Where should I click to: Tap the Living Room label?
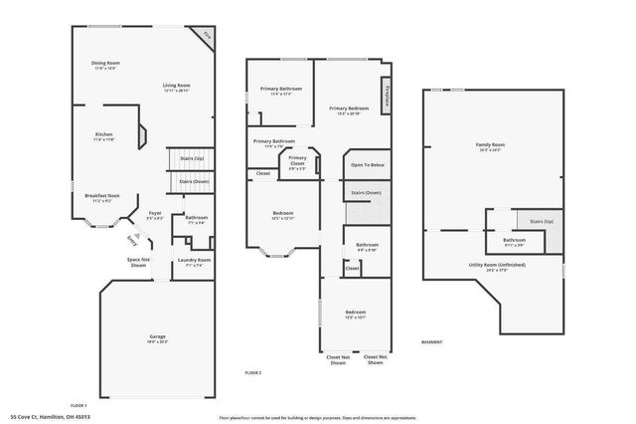click(177, 87)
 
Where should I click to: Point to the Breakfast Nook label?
click(102, 197)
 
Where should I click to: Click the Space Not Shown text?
click(138, 262)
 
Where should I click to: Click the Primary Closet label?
click(297, 160)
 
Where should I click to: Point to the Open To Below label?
click(367, 164)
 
